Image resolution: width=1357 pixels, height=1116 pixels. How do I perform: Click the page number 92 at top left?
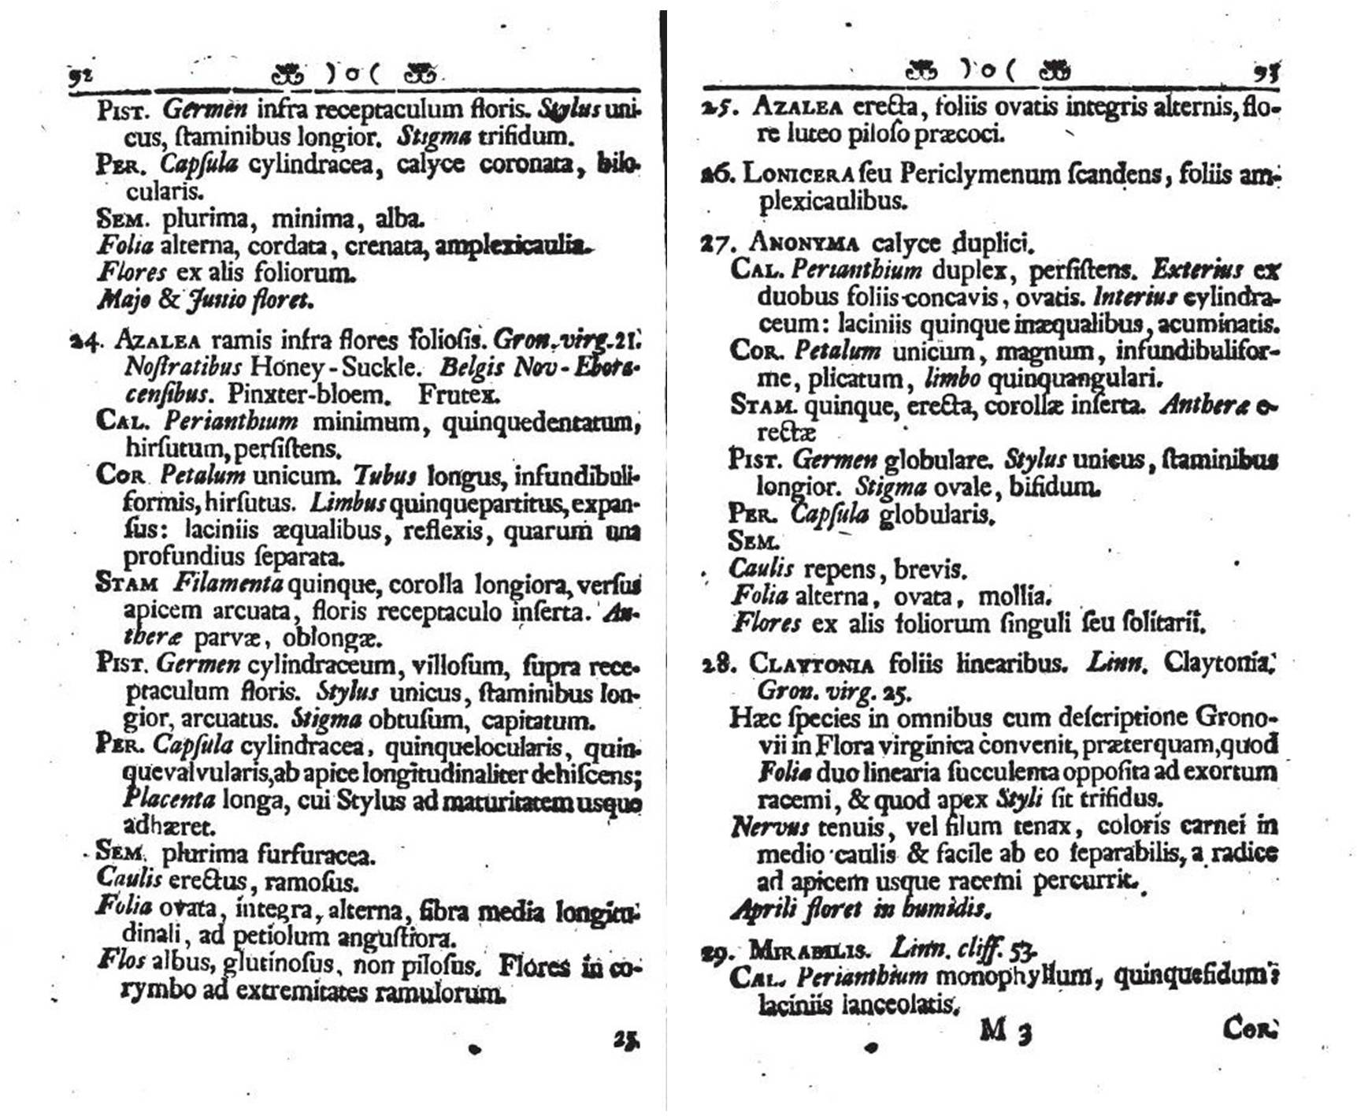point(80,76)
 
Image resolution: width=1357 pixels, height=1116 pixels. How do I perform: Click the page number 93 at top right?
point(1266,73)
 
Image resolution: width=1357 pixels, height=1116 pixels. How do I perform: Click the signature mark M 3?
point(1006,1030)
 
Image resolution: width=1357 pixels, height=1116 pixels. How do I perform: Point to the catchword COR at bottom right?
point(1249,1029)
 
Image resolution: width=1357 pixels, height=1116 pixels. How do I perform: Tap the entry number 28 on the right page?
point(716,664)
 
